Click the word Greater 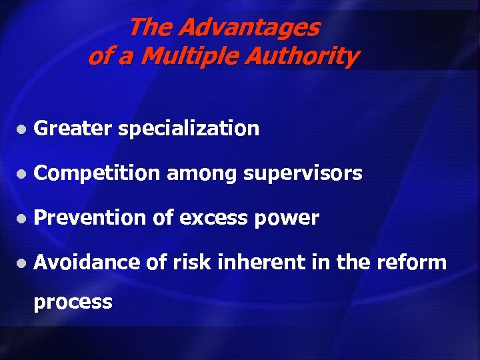73,129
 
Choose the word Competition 97,174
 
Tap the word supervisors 303,175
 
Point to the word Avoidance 87,263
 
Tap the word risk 190,263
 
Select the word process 73,303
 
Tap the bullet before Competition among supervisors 22,175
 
